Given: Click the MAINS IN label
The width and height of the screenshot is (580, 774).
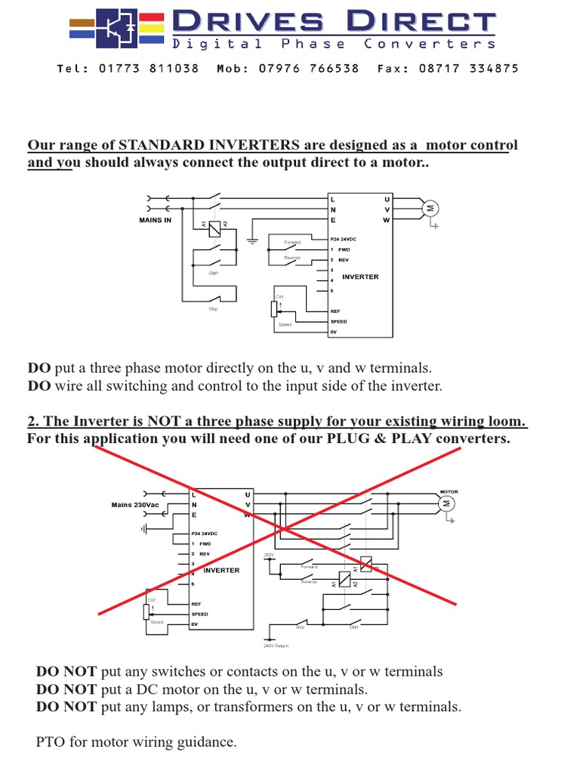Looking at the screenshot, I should (x=155, y=220).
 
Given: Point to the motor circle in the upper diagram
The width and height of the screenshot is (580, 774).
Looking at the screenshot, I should (x=430, y=209).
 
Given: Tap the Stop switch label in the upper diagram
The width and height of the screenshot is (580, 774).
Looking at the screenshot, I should (x=213, y=309).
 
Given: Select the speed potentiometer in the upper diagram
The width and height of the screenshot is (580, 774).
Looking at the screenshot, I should (x=273, y=310).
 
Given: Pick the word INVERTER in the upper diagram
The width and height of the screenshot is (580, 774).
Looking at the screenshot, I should (x=360, y=277).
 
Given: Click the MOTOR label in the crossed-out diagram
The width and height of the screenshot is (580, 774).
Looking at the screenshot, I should (x=449, y=491).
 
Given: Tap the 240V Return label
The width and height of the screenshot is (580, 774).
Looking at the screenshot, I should (x=276, y=646).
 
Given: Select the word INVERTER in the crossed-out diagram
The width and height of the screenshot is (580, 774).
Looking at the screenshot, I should (x=221, y=571).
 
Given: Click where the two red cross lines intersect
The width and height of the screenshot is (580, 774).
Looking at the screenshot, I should (x=280, y=527).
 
